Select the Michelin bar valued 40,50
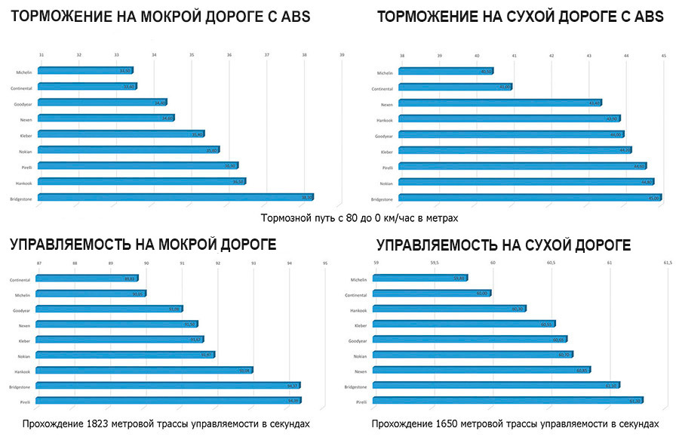(445, 72)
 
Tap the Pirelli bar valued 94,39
(168, 401)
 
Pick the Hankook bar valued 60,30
(450, 309)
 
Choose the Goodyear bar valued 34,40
(102, 103)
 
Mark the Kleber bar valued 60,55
(464, 324)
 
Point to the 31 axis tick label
(41, 55)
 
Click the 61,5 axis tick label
(667, 263)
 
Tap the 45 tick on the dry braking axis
(663, 55)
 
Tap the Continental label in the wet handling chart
(20, 280)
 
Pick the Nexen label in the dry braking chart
(386, 104)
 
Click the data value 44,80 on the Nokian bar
(647, 182)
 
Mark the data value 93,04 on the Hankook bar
(244, 371)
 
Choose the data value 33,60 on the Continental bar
(129, 87)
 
